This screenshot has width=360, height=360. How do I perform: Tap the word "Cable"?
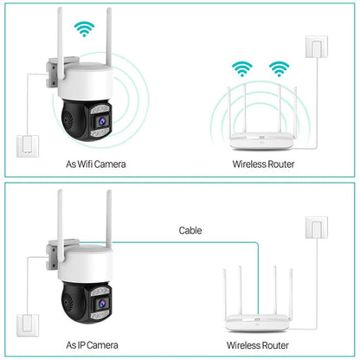190,230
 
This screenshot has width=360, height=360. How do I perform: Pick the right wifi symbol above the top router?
278,68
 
